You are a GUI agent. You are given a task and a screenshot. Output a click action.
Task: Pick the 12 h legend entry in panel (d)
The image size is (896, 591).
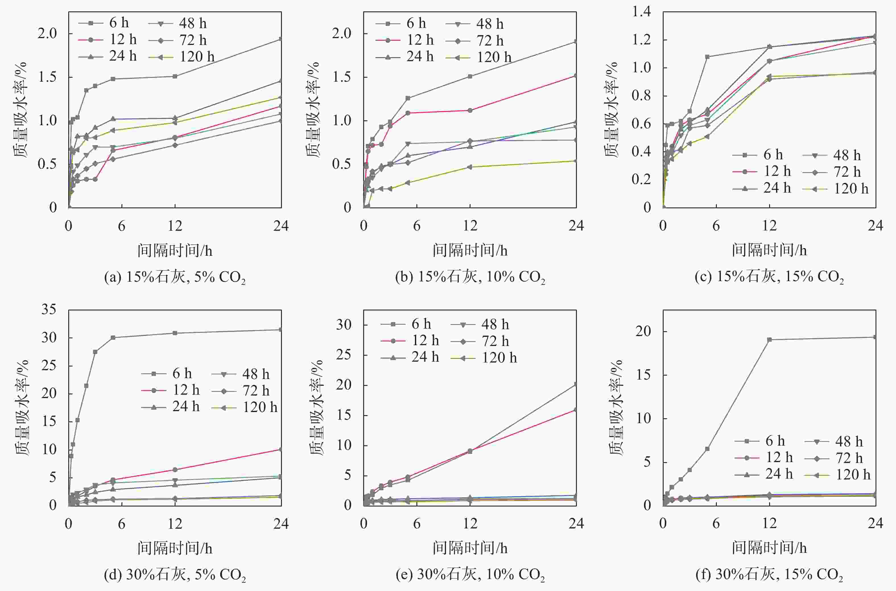pyautogui.click(x=172, y=390)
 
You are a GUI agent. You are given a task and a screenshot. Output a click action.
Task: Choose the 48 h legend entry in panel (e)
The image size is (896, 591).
pyautogui.click(x=481, y=324)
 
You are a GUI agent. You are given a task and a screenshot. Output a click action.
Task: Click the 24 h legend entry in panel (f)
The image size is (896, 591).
pyautogui.click(x=765, y=474)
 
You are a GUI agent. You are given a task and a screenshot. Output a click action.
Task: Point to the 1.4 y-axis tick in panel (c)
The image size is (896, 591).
pyautogui.click(x=641, y=12)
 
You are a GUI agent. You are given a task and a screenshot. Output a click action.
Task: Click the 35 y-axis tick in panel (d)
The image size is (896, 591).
pyautogui.click(x=49, y=310)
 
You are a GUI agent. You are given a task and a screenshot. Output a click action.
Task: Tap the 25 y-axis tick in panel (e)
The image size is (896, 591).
pyautogui.click(x=343, y=355)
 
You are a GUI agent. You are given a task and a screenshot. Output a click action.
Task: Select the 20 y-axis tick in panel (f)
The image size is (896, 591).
pyautogui.click(x=643, y=331)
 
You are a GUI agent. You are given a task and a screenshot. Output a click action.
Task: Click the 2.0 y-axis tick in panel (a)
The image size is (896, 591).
pyautogui.click(x=47, y=34)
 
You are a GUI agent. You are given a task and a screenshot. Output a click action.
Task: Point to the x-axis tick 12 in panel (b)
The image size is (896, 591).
pyautogui.click(x=470, y=226)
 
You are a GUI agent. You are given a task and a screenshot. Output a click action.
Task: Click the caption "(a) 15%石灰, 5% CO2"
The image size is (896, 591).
pyautogui.click(x=175, y=277)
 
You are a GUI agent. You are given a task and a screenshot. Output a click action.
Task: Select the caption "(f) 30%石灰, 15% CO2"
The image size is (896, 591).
pyautogui.click(x=769, y=574)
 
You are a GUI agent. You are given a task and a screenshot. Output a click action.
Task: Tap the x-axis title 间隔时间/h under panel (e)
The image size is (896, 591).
pyautogui.click(x=470, y=548)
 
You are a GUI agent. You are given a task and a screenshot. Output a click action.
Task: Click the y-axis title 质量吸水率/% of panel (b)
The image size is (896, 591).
pyautogui.click(x=313, y=109)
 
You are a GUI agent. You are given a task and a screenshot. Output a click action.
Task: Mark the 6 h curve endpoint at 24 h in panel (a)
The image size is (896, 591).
pyautogui.click(x=281, y=39)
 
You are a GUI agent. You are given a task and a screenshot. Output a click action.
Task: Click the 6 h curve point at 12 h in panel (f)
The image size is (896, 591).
pyautogui.click(x=769, y=339)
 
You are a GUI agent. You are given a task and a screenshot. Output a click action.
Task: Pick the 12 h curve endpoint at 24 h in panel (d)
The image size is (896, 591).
pyautogui.click(x=281, y=449)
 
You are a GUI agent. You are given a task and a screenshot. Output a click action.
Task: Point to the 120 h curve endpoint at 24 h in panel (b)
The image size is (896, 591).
pyautogui.click(x=575, y=161)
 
